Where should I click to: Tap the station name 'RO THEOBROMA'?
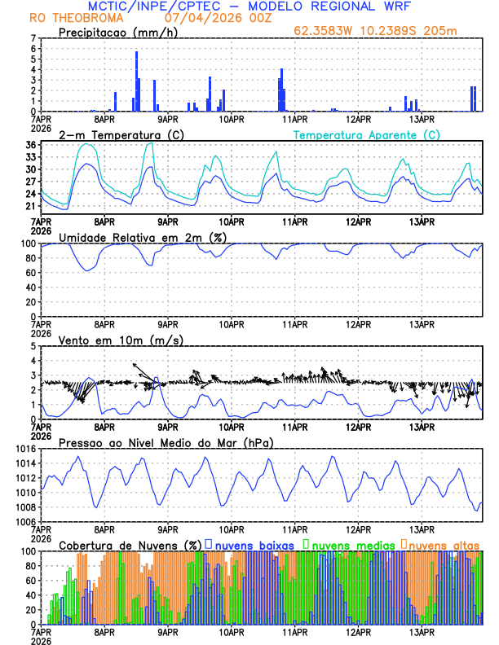[65, 17]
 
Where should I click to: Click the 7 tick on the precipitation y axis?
[33, 38]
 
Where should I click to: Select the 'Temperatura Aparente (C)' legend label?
[366, 134]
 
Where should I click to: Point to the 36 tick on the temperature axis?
[31, 145]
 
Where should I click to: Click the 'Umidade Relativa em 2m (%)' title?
[141, 237]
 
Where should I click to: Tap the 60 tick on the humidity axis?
[31, 273]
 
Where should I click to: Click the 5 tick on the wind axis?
[33, 346]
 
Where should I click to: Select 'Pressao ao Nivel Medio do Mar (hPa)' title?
[166, 442]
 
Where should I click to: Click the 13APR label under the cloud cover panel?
[422, 631]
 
